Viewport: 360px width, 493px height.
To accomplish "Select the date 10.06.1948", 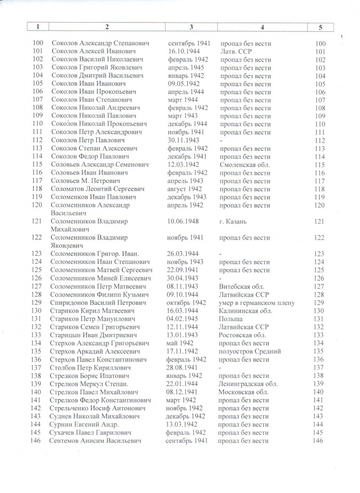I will [186, 221].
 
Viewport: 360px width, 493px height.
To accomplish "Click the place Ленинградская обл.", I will [248, 384].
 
